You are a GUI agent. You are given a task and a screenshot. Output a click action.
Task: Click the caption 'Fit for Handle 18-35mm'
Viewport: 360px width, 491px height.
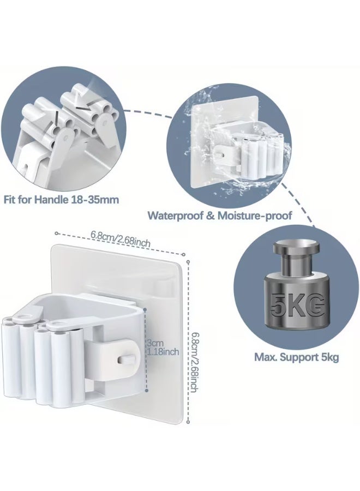61,200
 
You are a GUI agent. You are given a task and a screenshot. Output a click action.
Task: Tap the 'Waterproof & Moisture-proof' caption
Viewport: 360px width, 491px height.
220,215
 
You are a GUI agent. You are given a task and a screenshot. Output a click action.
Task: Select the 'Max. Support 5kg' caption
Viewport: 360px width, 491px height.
296,357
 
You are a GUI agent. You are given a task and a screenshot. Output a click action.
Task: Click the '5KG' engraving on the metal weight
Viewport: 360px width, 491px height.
296,304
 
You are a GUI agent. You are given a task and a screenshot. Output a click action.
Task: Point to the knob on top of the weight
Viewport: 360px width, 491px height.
296,247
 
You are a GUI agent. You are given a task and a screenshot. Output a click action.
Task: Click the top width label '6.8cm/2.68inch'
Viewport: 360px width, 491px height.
120,239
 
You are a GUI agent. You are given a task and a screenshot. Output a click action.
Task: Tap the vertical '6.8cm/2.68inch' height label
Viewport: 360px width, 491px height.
194,362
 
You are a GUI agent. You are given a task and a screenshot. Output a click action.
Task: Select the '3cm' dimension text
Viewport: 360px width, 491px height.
155,343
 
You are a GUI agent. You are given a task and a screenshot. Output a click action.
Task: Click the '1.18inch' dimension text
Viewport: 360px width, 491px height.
163,352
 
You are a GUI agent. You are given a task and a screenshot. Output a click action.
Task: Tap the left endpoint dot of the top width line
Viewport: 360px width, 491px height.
56,233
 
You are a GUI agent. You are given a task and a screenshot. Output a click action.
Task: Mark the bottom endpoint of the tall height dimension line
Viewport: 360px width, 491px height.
188,422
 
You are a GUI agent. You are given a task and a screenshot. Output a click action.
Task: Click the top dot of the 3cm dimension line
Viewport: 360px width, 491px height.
145,310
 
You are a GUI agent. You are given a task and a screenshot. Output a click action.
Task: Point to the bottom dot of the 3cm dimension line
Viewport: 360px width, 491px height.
146,391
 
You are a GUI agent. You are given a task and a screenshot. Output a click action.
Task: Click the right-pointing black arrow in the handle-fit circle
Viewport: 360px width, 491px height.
81,107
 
